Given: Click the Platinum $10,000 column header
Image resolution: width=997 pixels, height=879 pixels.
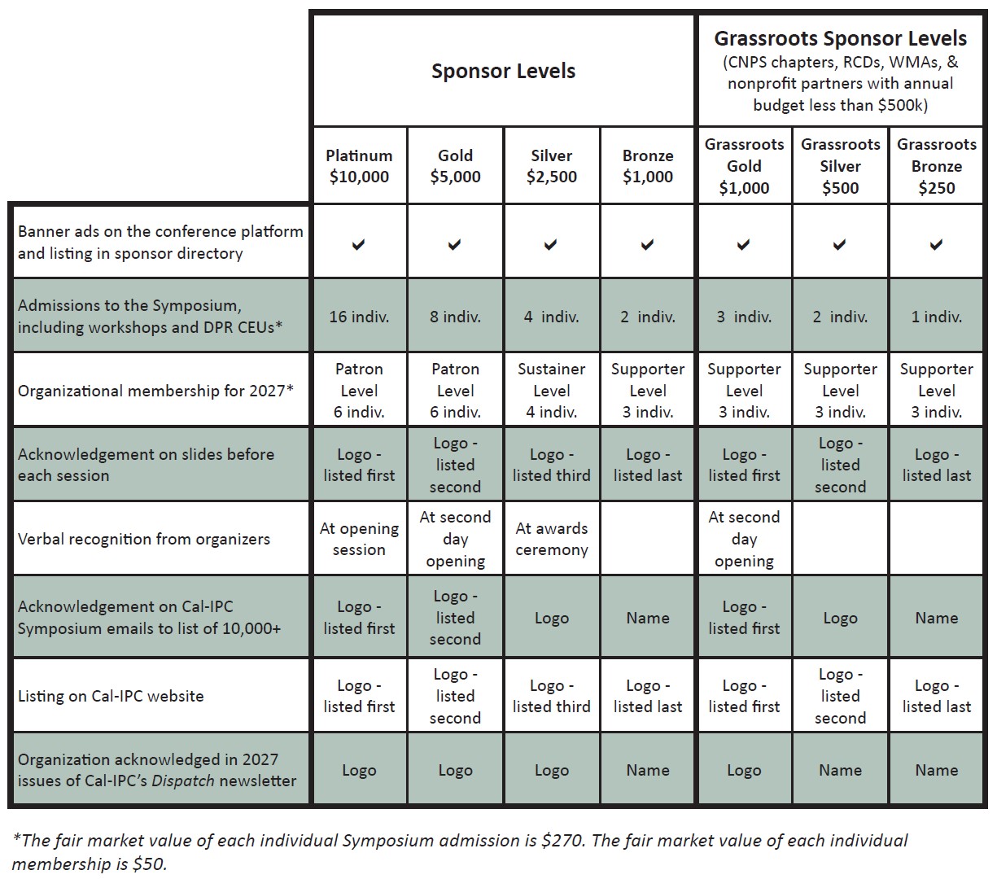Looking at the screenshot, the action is tap(359, 166).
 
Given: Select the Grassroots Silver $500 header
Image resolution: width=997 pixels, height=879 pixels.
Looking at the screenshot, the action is tap(840, 166).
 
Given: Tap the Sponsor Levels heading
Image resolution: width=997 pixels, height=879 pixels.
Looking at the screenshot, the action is tap(503, 71).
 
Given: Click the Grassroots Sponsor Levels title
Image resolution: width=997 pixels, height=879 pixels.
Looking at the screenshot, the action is tap(840, 38).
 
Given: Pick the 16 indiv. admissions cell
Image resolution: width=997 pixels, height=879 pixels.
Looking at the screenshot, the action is tap(359, 317).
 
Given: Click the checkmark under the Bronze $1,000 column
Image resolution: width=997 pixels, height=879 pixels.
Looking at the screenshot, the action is tap(648, 244).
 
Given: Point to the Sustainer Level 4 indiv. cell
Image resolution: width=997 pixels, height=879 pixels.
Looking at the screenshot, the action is tap(551, 391).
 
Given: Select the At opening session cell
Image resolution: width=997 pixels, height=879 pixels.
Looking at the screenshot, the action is tap(359, 539).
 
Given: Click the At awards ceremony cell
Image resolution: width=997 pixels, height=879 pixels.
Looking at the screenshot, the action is tap(551, 539).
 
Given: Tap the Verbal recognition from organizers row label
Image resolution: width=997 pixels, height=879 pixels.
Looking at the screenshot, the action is tap(144, 539).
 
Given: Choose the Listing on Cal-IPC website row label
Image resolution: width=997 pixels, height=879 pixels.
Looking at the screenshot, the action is tap(111, 696).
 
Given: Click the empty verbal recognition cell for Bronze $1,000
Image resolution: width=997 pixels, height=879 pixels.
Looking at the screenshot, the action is tap(648, 539).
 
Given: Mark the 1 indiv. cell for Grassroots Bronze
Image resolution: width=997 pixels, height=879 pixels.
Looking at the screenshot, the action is tap(936, 317).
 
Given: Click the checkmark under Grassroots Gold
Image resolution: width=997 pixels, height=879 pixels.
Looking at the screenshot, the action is tap(744, 244).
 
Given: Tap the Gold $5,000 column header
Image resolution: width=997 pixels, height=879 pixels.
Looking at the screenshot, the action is tap(455, 166).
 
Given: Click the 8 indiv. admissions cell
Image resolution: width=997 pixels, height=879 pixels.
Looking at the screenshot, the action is tap(455, 317).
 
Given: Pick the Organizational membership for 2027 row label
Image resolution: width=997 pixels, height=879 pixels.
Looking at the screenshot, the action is tap(155, 391).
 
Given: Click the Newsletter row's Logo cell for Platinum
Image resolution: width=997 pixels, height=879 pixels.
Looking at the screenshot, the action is tap(359, 770).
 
